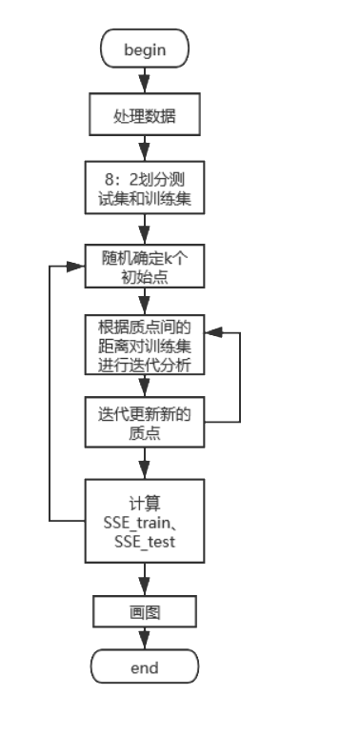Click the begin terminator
tap(144, 50)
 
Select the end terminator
tap(144, 667)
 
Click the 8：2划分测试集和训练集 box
tap(144, 189)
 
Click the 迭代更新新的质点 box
tap(144, 423)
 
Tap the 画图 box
tap(144, 611)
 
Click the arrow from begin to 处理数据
tap(144, 81)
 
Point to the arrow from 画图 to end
tap(144, 639)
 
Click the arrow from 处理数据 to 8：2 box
tap(144, 149)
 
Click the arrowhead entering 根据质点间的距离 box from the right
tap(214, 334)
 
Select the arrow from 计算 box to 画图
tap(144, 580)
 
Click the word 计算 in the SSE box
tap(144, 503)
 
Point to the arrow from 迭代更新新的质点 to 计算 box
tap(144, 464)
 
